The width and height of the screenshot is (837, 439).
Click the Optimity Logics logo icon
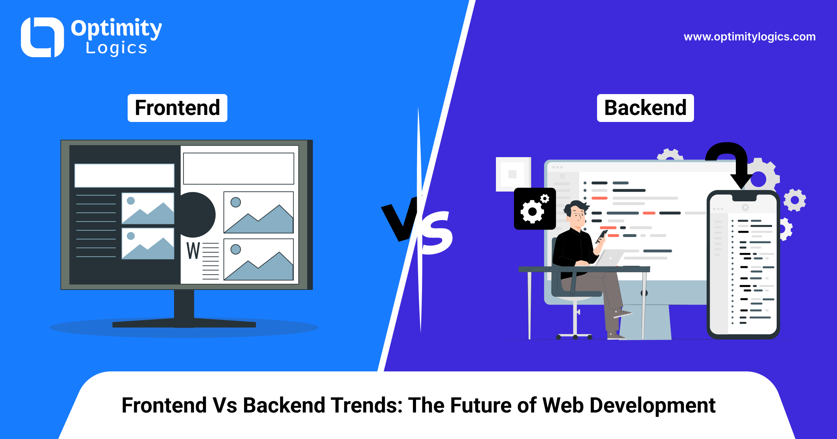(42, 37)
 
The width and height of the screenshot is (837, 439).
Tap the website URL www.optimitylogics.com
(750, 37)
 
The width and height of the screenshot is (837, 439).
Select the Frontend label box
(178, 108)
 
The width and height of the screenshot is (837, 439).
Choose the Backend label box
(646, 108)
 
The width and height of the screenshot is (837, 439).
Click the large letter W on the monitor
(193, 251)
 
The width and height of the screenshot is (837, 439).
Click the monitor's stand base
(184, 324)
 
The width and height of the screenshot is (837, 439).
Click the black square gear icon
(535, 209)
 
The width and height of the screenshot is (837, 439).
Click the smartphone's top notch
(744, 198)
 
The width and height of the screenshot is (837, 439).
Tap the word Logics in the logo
(116, 48)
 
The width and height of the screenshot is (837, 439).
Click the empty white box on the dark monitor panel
(125, 176)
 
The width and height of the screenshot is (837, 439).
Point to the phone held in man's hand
(601, 237)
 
